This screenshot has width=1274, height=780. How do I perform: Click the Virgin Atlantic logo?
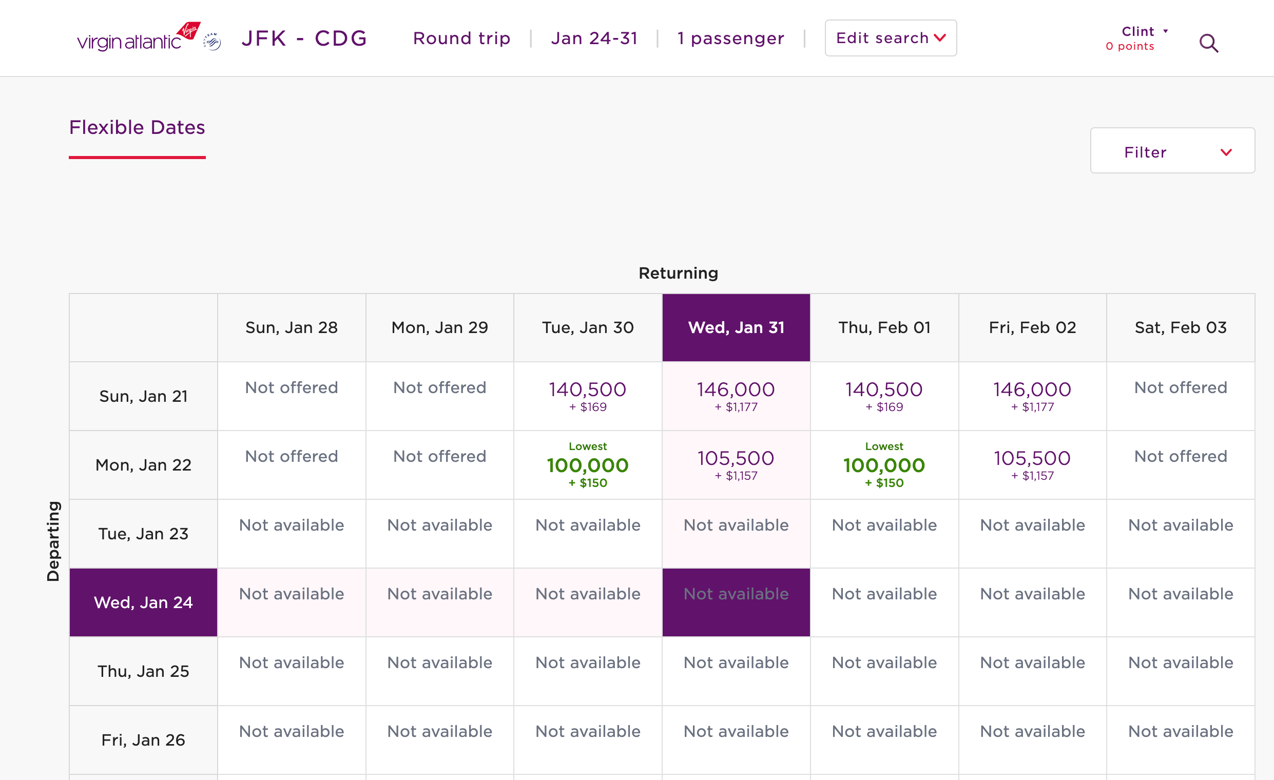point(138,38)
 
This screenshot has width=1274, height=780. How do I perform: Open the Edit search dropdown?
point(891,38)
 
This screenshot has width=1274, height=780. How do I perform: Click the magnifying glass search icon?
point(1208,44)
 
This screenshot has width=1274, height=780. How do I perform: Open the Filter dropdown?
point(1172,152)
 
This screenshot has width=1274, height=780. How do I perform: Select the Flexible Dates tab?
point(137,128)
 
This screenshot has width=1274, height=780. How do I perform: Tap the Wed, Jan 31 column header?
point(736,328)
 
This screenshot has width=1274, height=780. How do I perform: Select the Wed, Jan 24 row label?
point(143,602)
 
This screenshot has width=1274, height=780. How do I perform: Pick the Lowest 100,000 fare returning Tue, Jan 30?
point(587,465)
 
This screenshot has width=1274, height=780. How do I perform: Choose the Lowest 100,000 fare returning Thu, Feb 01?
point(883,465)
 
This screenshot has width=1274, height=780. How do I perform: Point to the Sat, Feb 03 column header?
point(1180,328)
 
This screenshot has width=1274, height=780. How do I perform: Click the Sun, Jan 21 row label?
point(143,397)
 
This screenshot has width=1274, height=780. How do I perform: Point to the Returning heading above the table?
point(678,274)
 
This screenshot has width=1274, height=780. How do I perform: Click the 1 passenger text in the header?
point(730,38)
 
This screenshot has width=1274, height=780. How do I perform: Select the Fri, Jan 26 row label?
point(143,740)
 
